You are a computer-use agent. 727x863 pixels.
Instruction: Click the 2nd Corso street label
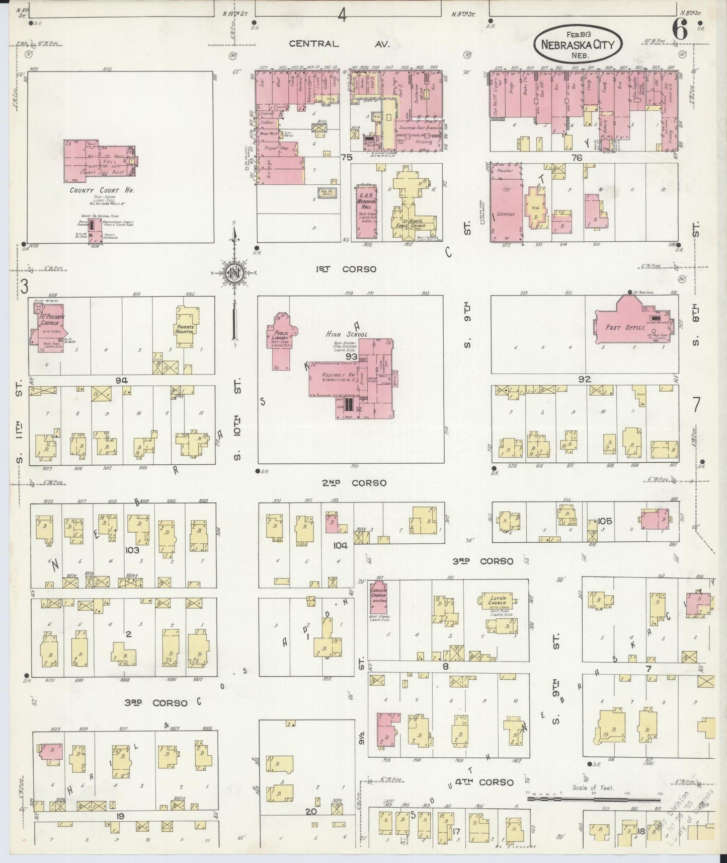coord(354,482)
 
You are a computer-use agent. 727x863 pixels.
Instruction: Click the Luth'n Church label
coord(498,600)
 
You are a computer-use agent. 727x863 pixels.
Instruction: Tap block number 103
coord(132,550)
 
